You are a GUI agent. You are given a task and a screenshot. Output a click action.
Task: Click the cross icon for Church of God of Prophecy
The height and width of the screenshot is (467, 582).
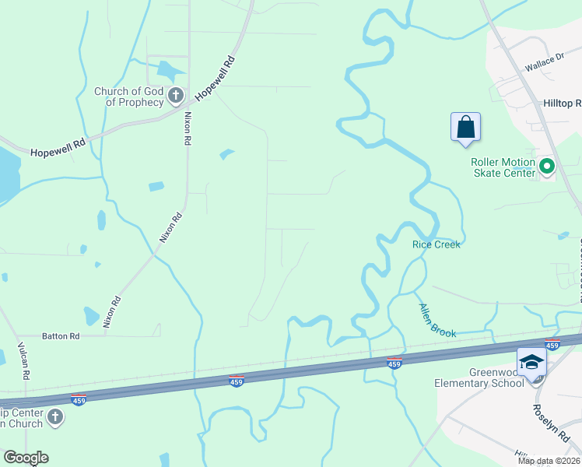[176, 97]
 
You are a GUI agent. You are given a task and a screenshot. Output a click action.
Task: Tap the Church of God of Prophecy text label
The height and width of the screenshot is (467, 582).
[129, 97]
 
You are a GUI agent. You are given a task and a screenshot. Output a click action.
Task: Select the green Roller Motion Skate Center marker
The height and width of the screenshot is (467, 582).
[546, 166]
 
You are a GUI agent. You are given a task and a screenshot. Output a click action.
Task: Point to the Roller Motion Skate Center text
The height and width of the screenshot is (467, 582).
[503, 167]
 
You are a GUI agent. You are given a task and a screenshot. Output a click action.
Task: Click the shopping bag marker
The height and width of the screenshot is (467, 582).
[465, 127]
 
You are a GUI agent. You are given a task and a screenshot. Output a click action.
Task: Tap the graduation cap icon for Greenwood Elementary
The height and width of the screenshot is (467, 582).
[531, 363]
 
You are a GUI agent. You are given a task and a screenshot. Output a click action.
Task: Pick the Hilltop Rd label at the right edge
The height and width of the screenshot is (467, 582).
[562, 104]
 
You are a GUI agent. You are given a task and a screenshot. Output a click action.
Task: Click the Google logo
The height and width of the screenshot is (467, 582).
[26, 458]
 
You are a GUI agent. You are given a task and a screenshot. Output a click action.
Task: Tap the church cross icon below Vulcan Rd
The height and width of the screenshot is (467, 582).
[54, 418]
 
